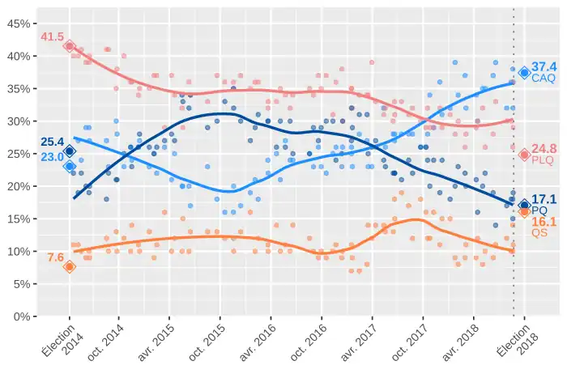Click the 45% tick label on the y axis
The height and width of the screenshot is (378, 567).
click(17, 23)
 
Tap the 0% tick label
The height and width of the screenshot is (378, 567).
click(19, 316)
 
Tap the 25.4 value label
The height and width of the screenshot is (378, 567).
click(52, 142)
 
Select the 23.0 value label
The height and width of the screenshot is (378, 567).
click(52, 157)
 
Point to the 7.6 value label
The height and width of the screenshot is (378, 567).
click(55, 257)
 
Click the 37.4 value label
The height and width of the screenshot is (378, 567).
click(544, 66)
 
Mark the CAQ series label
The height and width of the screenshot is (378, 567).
click(544, 79)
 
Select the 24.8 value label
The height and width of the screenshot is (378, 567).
click(544, 148)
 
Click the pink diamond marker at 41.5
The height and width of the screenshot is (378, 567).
click(70, 46)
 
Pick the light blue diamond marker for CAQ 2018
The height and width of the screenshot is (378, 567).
click(524, 73)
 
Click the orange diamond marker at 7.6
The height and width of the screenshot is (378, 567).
click(70, 266)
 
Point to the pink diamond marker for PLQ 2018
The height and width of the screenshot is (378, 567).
click(524, 155)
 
